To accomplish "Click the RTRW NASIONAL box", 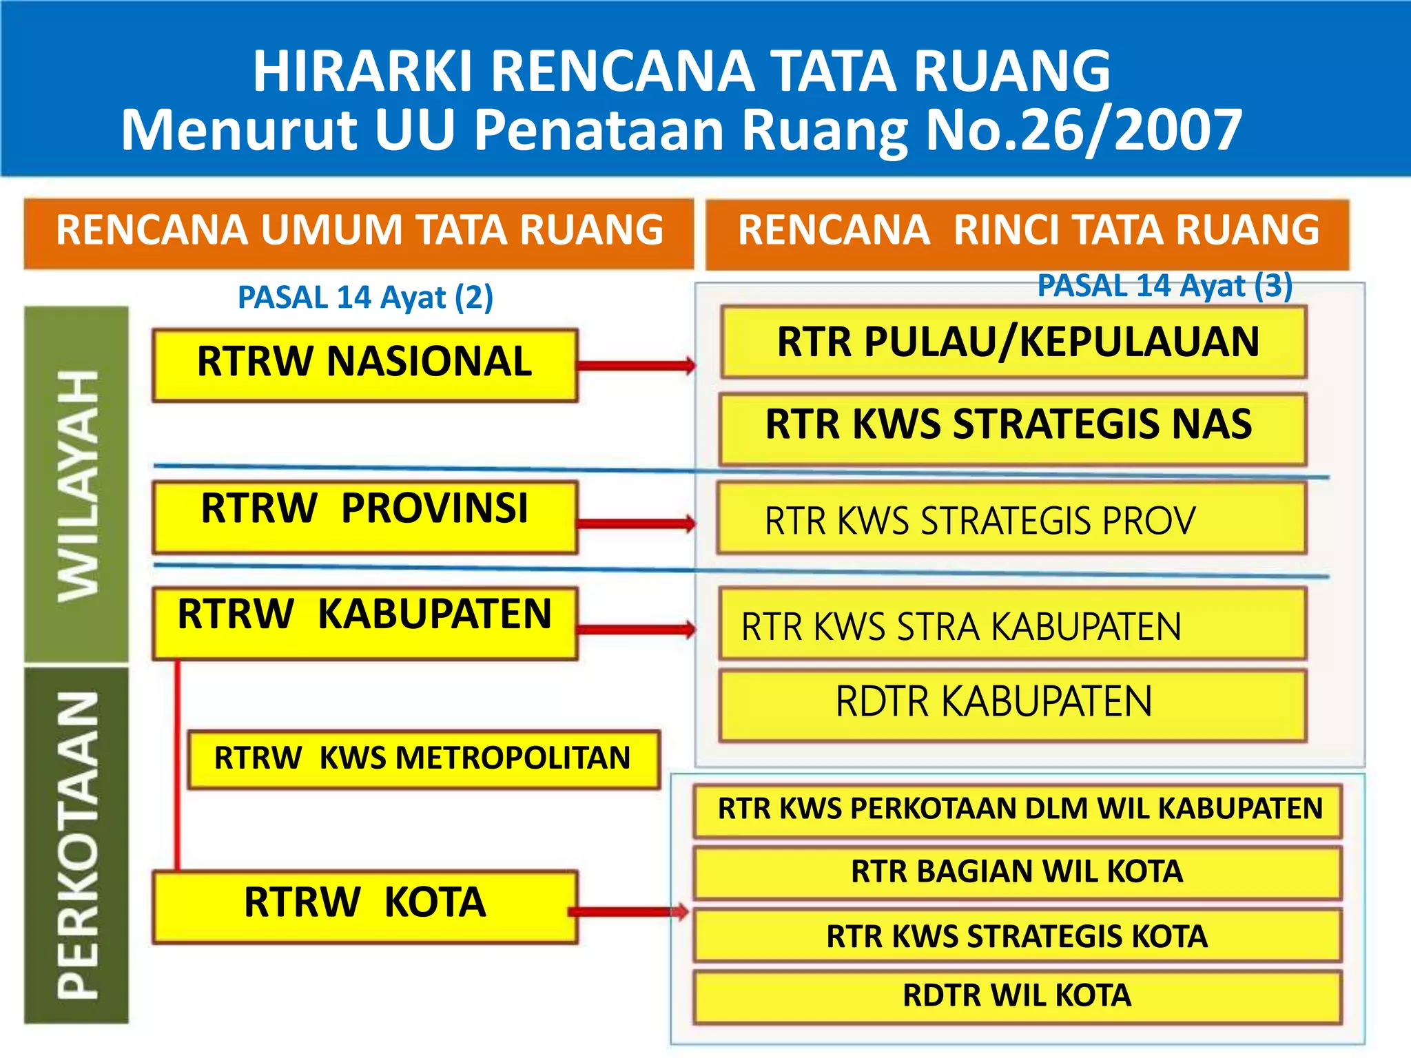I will click(x=364, y=365).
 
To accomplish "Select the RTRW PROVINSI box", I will click(x=364, y=517).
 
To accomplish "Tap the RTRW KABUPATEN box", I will click(x=364, y=623).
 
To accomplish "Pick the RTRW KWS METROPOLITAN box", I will click(x=423, y=759).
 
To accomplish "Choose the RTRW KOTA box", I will click(x=364, y=906).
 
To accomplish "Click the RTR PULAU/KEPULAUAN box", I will click(x=1013, y=342).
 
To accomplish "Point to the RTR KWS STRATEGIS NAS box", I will click(x=1012, y=428).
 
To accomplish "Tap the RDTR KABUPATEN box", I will click(x=1012, y=705).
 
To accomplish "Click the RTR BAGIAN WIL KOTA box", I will click(x=1017, y=872).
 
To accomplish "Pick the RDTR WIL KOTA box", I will click(x=1017, y=996).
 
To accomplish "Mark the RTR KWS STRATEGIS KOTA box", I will click(x=1017, y=935).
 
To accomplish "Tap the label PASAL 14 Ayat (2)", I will click(x=365, y=298).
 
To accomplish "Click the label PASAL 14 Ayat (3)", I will click(x=1164, y=286).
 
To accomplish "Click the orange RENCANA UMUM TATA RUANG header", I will click(x=359, y=231).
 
